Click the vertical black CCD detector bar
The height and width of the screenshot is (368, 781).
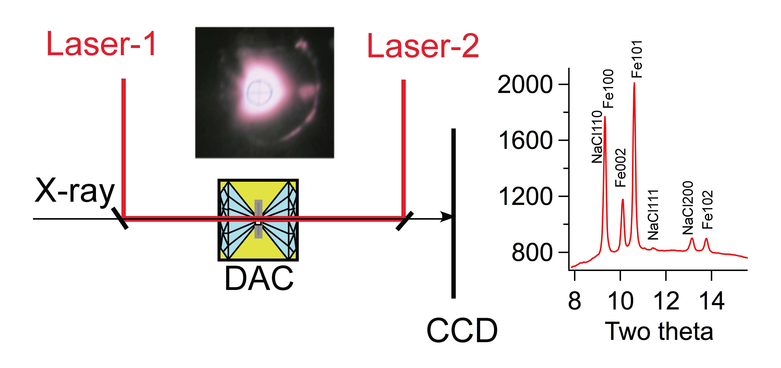click(453, 258)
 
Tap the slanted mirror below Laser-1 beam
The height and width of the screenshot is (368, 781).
click(120, 218)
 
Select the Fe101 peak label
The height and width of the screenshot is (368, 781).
click(637, 59)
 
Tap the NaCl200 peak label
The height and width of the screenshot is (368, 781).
click(688, 208)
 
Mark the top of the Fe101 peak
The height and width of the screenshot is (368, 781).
click(634, 83)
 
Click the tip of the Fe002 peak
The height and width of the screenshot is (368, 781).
click(623, 200)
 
